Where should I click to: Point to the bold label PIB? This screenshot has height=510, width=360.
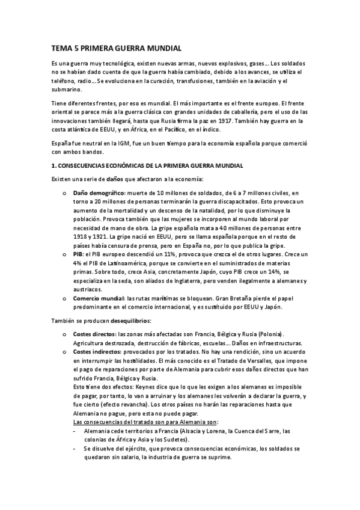click(x=78, y=254)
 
